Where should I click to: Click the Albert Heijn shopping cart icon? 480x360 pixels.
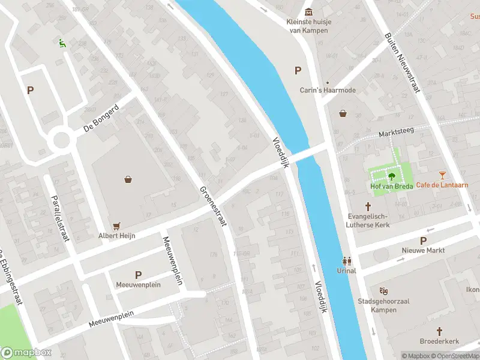click(117, 226)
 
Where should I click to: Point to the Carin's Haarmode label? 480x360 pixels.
click(328, 91)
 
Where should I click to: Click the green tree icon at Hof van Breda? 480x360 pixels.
click(391, 176)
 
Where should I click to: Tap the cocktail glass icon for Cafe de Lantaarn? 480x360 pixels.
click(443, 175)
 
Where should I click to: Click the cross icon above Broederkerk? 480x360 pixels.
click(439, 331)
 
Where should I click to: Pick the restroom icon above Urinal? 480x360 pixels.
click(346, 261)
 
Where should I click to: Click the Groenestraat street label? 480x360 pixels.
click(213, 205)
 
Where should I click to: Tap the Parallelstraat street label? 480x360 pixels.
click(61, 217)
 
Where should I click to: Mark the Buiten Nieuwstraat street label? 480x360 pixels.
click(401, 63)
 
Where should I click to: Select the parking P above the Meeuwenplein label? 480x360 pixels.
click(138, 275)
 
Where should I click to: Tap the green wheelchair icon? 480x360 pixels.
click(61, 43)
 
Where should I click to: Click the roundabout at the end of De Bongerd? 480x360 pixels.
click(62, 140)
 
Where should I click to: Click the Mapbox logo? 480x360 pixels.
click(26, 353)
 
